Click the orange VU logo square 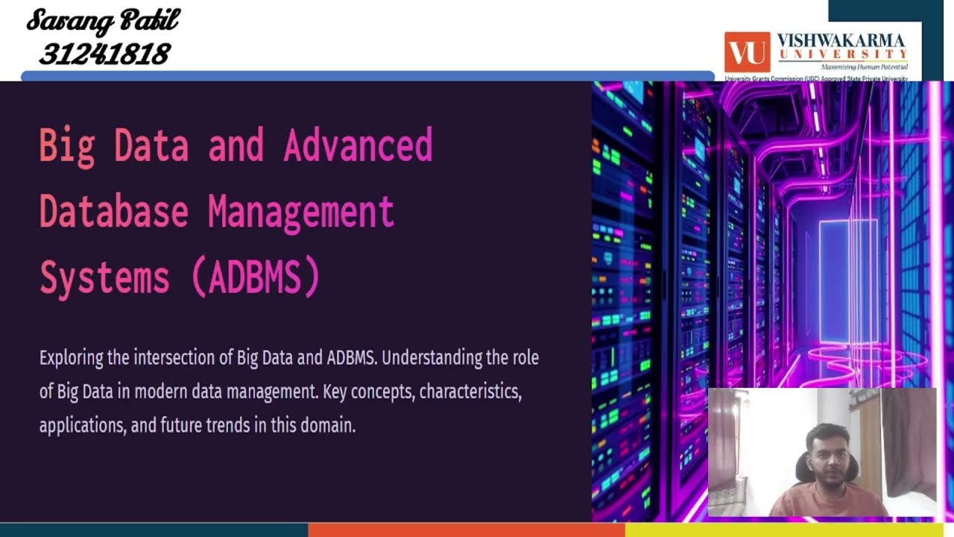coord(747,52)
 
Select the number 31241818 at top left coord(104,54)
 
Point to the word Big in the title coord(67,145)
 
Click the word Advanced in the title coord(358,145)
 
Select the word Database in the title coord(113,211)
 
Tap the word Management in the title coord(300,211)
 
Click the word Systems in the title coord(104,277)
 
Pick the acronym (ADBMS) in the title coord(256,277)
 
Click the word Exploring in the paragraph coord(72,358)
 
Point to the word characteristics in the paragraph coord(470,392)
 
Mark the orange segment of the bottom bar coord(466,530)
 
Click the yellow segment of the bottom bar coord(789,530)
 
